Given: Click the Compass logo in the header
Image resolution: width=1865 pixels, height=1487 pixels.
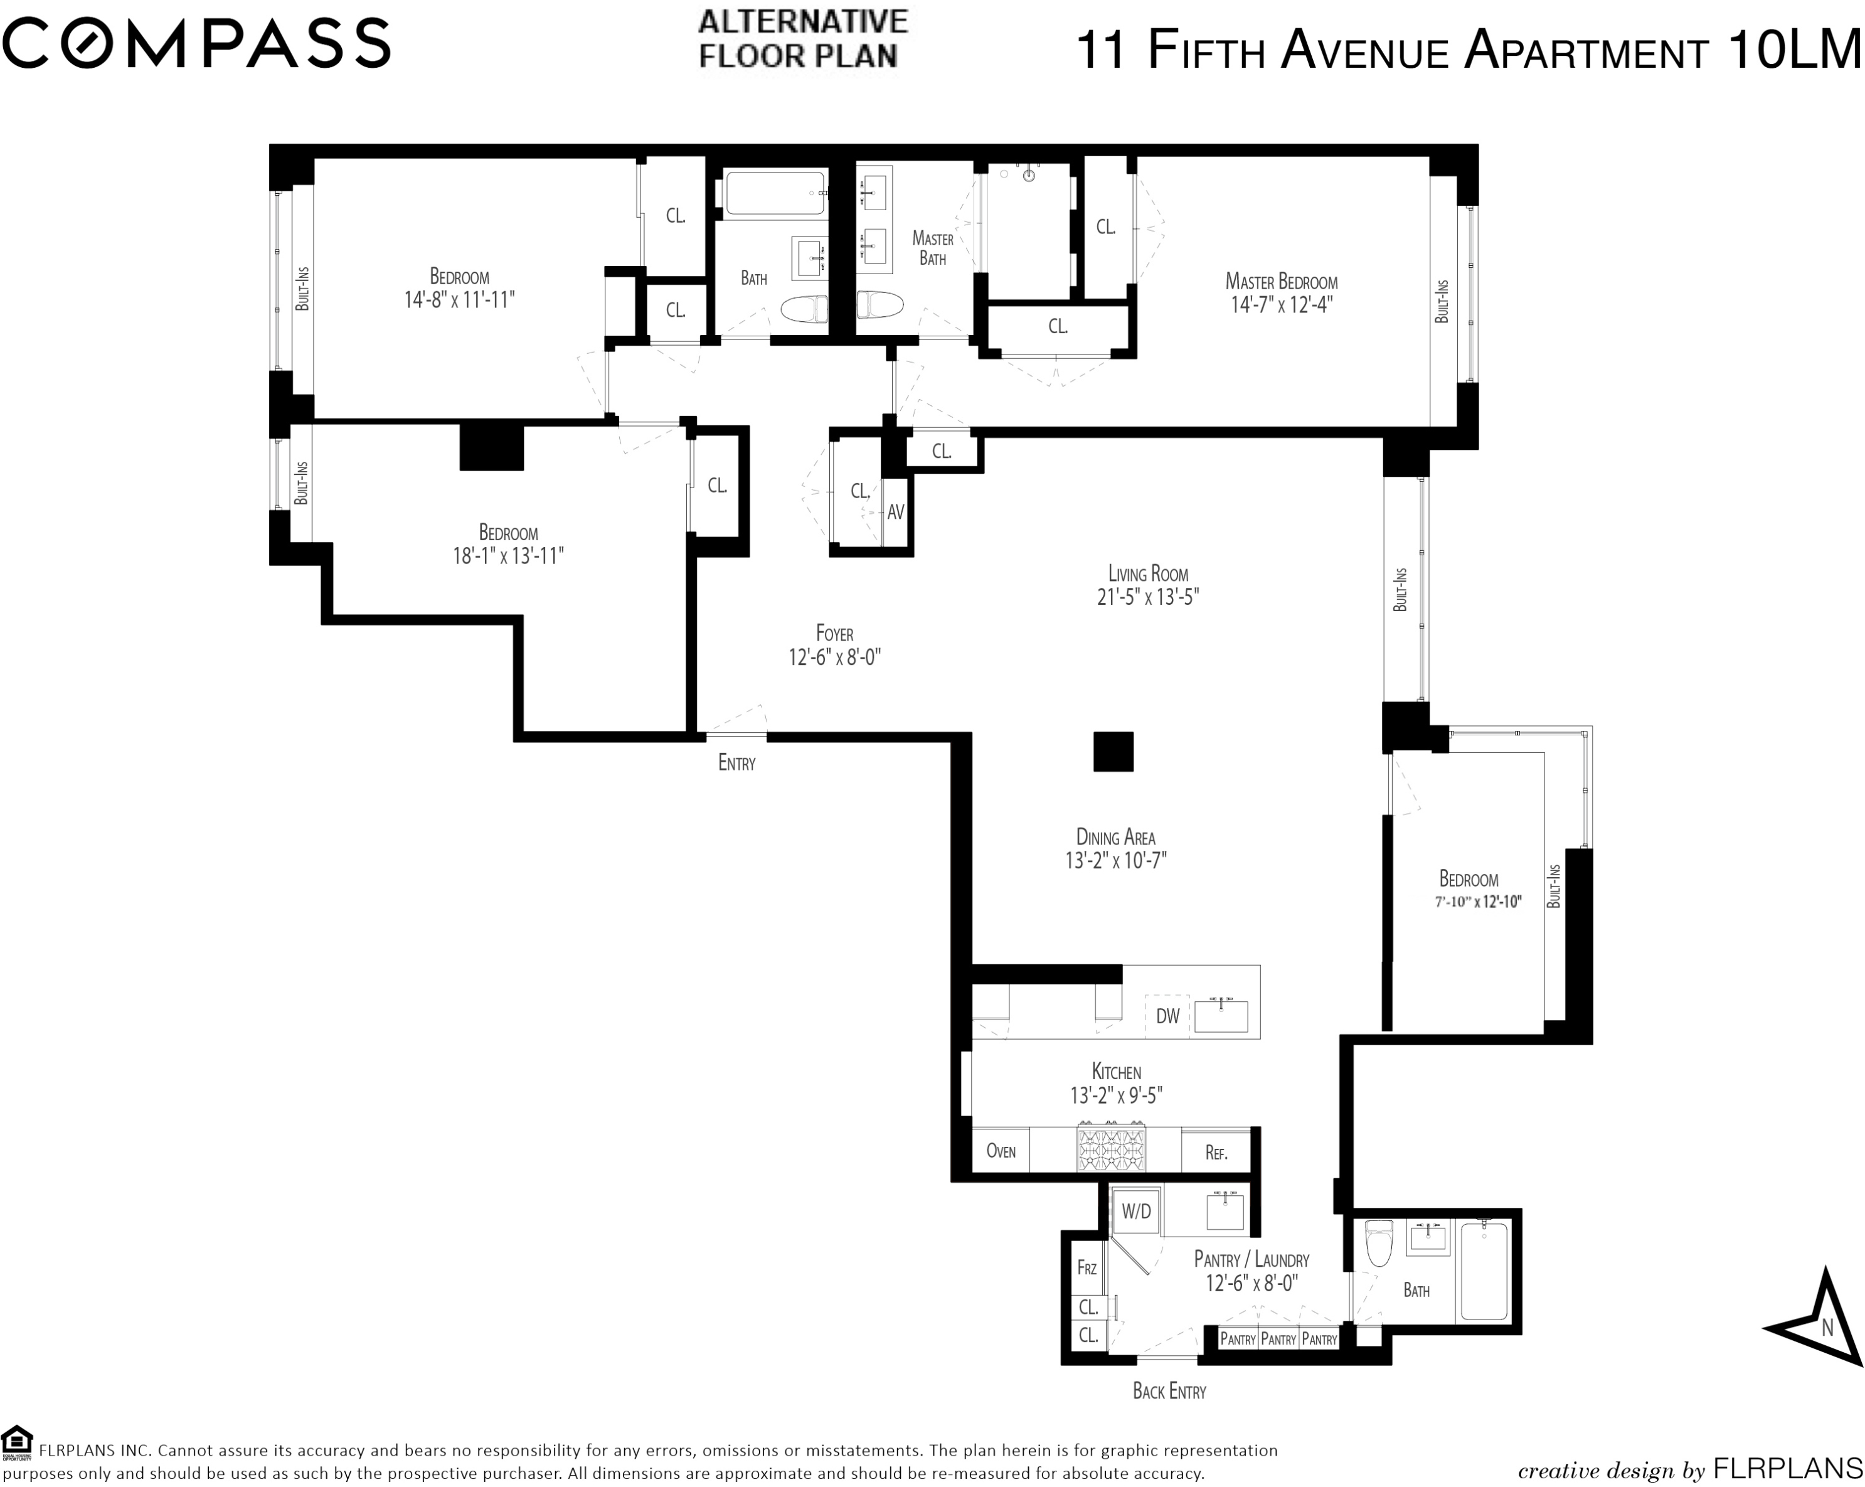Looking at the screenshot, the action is point(196,43).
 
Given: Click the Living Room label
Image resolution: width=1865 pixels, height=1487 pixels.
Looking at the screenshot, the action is point(1148,573).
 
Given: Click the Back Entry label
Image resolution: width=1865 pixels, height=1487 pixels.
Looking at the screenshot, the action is point(1169,1391).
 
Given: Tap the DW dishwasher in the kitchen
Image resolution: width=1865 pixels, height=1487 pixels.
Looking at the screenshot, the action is point(1168,1016).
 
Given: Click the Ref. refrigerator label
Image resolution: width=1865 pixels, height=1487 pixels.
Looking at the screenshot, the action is point(1216,1152).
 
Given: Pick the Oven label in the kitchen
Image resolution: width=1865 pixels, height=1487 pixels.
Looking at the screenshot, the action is point(1001,1151).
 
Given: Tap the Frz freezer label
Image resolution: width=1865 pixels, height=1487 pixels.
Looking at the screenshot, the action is point(1087,1268).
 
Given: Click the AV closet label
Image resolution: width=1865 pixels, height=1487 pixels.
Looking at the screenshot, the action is point(895,512).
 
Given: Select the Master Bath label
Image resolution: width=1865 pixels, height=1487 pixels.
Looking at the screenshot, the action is point(932,248).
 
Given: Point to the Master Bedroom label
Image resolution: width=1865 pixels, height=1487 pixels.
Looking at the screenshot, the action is point(1281,281).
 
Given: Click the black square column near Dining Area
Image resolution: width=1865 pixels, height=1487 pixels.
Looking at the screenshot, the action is point(1113,752).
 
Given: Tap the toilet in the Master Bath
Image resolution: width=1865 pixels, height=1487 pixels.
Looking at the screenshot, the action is point(879,304).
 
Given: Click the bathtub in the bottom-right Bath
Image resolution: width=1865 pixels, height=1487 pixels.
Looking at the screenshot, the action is point(1484,1271).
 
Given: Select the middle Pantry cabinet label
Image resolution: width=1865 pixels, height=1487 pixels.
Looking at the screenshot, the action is point(1278,1339).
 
